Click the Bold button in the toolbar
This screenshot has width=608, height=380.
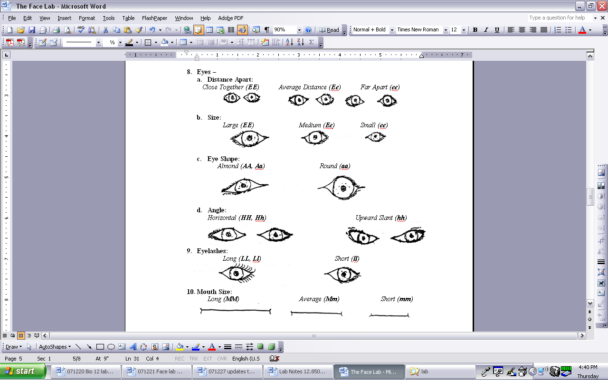pos(475,30)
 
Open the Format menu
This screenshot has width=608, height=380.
pos(87,18)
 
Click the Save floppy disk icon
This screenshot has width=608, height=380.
pos(32,30)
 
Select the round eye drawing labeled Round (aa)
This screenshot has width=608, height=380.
pos(342,188)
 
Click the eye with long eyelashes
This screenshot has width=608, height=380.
pos(237,273)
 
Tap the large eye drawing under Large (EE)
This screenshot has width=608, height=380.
pos(249,138)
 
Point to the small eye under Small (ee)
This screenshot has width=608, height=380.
pos(376,136)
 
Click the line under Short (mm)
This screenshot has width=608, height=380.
pos(389,315)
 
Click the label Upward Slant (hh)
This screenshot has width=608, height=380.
pos(381,218)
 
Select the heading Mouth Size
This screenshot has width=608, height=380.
pos(214,292)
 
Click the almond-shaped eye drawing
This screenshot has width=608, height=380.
pos(245,186)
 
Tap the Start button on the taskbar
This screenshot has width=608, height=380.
pos(23,371)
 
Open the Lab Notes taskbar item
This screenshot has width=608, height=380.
pos(298,371)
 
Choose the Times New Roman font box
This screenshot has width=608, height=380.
pos(421,29)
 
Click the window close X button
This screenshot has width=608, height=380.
pos(602,6)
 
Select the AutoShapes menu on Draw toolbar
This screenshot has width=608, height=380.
pos(55,347)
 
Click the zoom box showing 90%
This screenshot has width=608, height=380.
pos(287,29)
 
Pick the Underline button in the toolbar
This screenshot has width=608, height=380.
pos(497,30)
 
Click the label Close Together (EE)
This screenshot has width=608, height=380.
pos(231,87)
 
